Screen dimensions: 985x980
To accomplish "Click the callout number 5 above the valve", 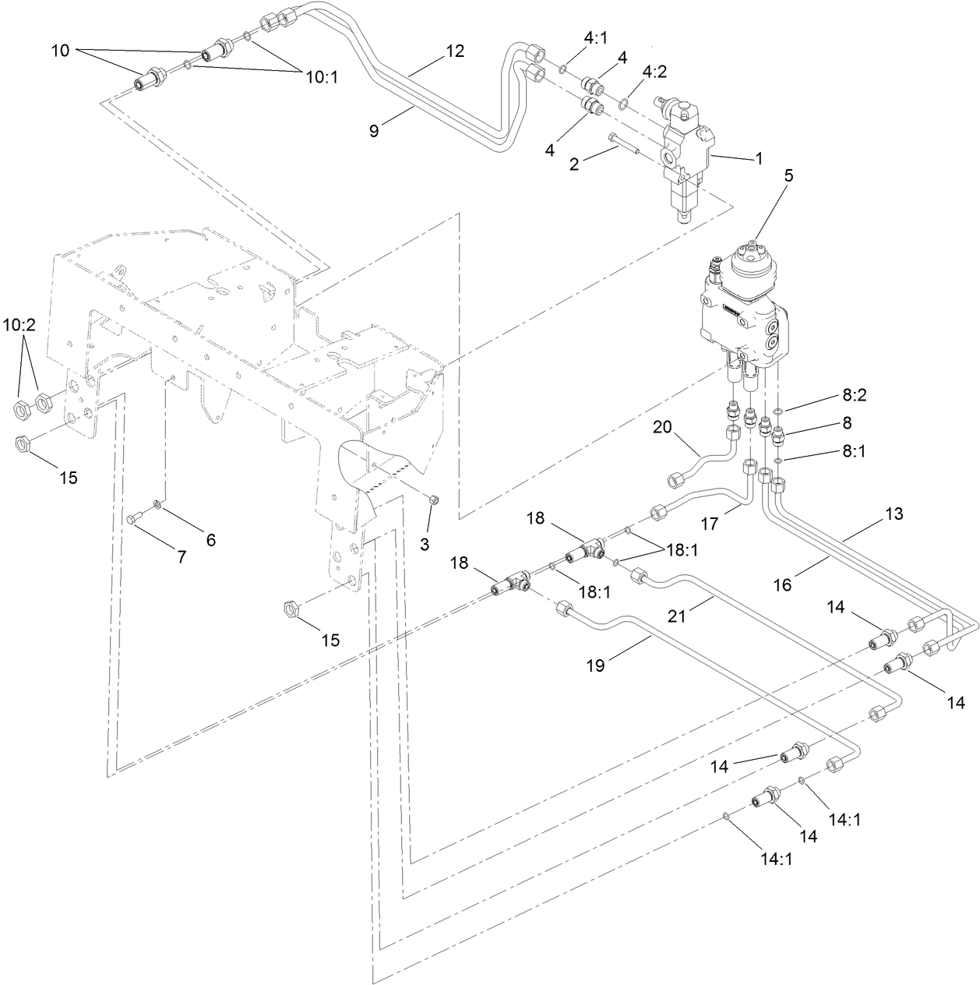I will coord(788,176).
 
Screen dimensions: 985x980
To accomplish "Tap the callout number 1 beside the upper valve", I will coord(758,158).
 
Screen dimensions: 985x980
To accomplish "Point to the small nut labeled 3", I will coord(435,500).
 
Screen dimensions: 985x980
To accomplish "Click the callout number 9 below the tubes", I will coord(374,131).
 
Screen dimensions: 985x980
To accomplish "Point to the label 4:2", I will coord(655,71).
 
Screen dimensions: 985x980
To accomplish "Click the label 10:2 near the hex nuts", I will coord(21,324).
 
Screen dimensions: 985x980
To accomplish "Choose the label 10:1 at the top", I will coord(322,77).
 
